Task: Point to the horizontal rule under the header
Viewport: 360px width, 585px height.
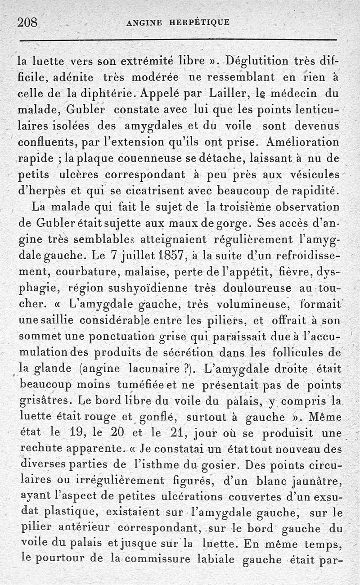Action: (180, 41)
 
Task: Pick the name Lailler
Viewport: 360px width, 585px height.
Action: (229, 95)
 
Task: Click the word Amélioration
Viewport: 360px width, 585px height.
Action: (302, 143)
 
